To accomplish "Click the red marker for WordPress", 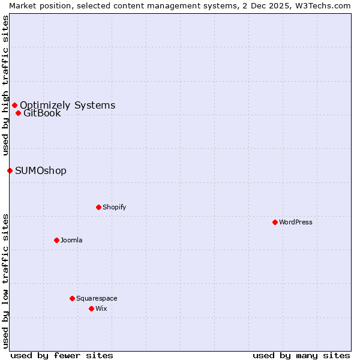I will click(275, 222).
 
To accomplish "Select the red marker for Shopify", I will click(98, 207).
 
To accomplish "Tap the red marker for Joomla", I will click(56, 240).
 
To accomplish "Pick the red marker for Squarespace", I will click(72, 298).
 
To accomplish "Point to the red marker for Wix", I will click(91, 308).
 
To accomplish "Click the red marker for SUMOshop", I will click(10, 170).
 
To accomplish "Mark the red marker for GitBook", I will click(18, 113).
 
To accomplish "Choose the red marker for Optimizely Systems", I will click(14, 105).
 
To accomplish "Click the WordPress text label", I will click(296, 222).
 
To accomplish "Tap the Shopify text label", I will click(114, 207).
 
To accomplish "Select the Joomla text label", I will click(71, 240).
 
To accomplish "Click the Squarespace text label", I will click(97, 298).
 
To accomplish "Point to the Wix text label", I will click(101, 308).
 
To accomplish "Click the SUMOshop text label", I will click(41, 170).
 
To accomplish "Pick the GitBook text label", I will click(42, 113).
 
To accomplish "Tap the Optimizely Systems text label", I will click(67, 105).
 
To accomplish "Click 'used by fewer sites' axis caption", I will click(62, 355).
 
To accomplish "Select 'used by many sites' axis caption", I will click(301, 355).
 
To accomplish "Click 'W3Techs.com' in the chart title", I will click(327, 5).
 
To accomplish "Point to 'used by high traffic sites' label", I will click(5, 85).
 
